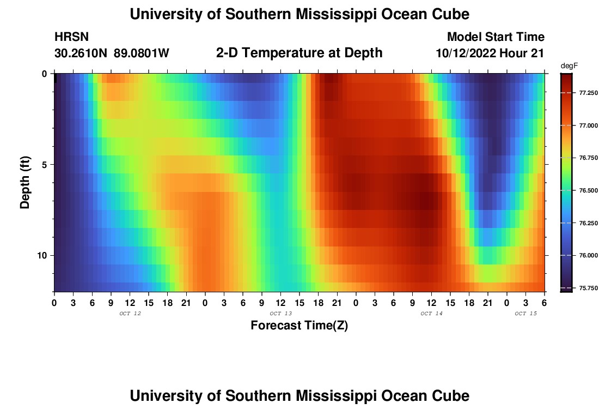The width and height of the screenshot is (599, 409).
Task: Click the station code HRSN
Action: (71, 37)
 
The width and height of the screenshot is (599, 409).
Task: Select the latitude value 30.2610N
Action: (81, 53)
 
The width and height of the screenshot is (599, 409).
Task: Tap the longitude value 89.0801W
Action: (142, 53)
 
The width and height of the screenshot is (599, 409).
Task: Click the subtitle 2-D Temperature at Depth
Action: (299, 53)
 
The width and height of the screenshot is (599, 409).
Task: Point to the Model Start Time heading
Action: (496, 37)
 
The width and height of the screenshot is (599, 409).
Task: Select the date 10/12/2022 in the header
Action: (468, 53)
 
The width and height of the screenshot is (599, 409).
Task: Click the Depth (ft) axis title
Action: (25, 183)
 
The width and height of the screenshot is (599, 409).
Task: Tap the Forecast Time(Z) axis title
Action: (299, 326)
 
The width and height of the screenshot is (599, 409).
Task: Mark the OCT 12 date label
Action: (130, 314)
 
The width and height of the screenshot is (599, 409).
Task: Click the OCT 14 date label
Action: (431, 314)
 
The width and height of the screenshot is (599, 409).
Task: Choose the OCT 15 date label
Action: (525, 314)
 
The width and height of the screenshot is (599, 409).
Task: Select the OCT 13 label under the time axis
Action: (281, 314)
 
